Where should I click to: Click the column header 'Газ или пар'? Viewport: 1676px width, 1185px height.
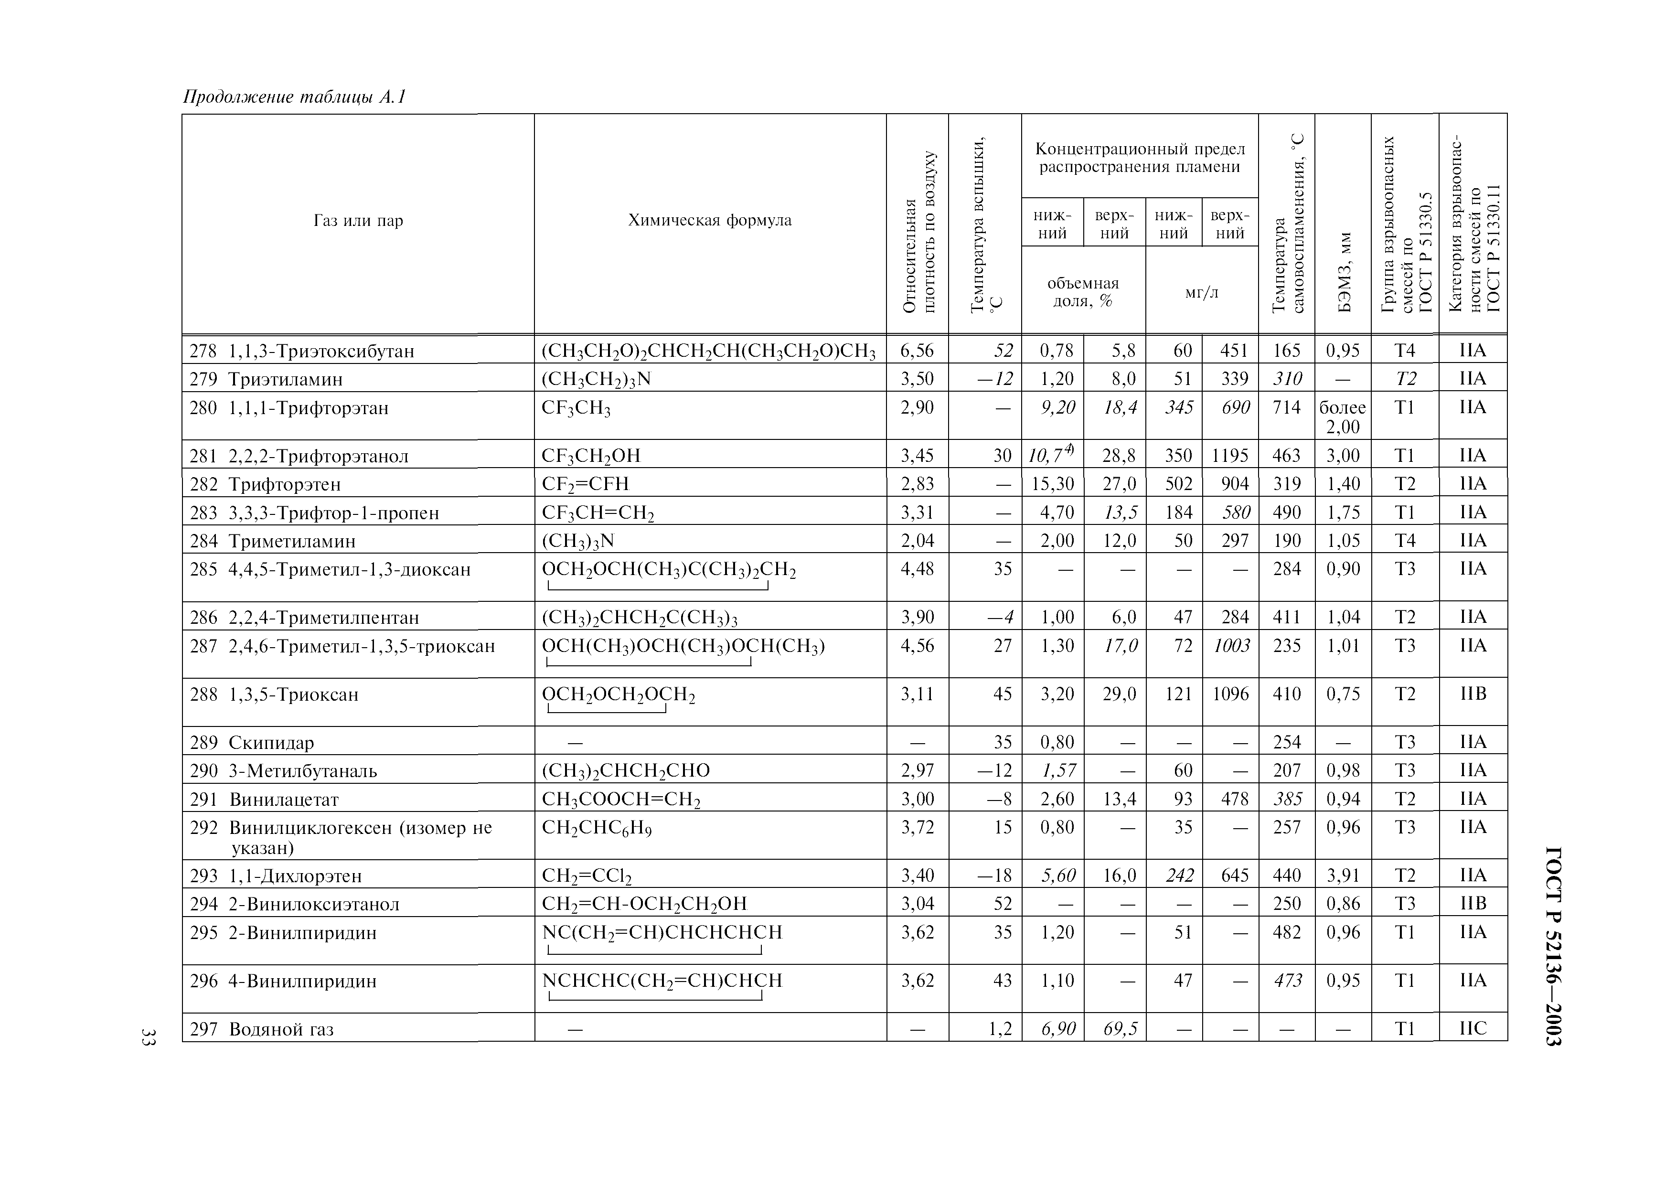pos(358,221)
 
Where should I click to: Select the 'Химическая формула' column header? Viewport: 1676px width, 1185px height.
pos(710,221)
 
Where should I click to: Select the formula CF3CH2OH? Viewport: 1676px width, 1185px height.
pos(590,456)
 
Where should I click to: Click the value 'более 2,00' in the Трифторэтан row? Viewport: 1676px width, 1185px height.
pos(1343,417)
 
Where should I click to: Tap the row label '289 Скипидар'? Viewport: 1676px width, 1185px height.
pos(252,743)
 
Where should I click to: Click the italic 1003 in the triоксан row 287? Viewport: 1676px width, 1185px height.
pos(1231,646)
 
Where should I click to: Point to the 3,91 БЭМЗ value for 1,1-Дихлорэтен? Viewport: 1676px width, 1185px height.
pos(1343,875)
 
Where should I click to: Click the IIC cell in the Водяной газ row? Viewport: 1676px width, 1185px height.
pos(1473,1029)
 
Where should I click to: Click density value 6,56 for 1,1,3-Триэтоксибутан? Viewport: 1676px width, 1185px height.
pos(917,351)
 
